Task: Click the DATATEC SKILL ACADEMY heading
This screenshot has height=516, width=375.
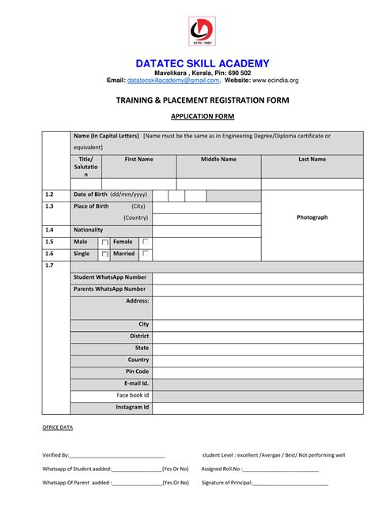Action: [203, 63]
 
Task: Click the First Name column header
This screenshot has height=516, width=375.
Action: [139, 160]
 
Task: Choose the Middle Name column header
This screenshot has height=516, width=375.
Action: [218, 160]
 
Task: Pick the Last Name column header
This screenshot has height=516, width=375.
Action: [312, 160]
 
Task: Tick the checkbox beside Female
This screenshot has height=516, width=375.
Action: [146, 242]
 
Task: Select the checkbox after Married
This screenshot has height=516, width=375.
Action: [146, 254]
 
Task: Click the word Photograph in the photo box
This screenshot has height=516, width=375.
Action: [312, 217]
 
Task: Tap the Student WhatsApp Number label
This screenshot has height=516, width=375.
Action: [110, 277]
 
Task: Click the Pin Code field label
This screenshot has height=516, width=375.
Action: [137, 371]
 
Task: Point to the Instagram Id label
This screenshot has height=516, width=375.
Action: [132, 407]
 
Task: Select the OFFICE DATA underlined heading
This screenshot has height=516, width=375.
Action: [57, 427]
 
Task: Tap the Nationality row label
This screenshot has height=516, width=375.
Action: [89, 229]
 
